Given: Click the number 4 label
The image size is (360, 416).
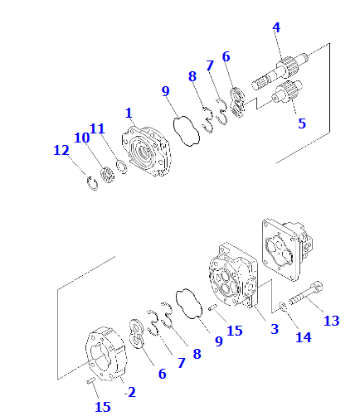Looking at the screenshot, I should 276,27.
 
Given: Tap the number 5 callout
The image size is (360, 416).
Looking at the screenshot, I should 302,123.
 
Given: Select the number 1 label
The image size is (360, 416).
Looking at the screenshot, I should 129,112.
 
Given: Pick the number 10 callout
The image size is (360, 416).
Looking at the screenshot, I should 81,137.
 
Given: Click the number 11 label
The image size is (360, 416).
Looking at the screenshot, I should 98,128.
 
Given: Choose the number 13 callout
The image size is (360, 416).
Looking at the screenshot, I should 331,321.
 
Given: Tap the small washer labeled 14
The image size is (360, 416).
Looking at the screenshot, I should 284,309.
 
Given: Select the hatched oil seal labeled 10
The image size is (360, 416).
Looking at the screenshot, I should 105,174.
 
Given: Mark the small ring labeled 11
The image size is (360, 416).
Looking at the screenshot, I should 122,168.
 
